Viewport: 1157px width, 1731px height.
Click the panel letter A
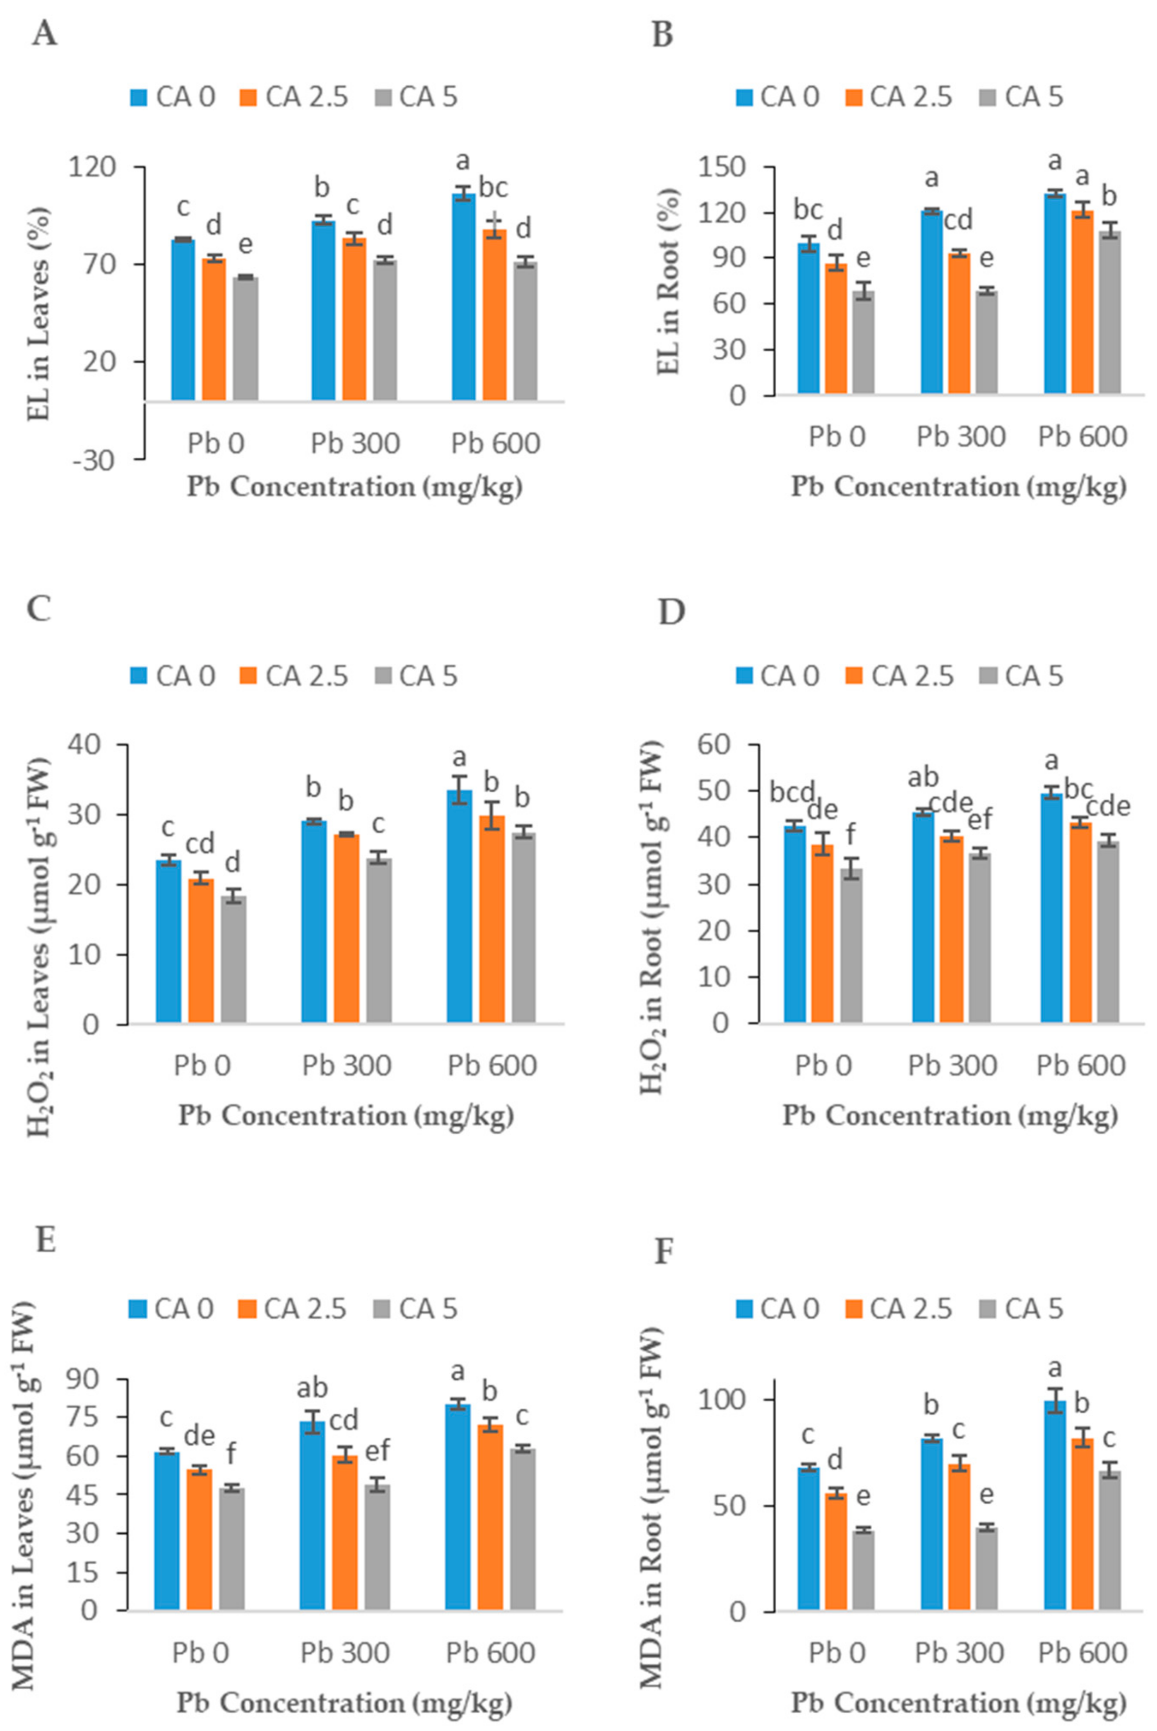(44, 34)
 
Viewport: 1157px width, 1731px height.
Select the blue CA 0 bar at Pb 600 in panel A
(463, 296)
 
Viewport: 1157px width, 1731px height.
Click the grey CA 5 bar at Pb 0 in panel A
(246, 339)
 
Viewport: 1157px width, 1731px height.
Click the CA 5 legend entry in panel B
(1024, 97)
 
